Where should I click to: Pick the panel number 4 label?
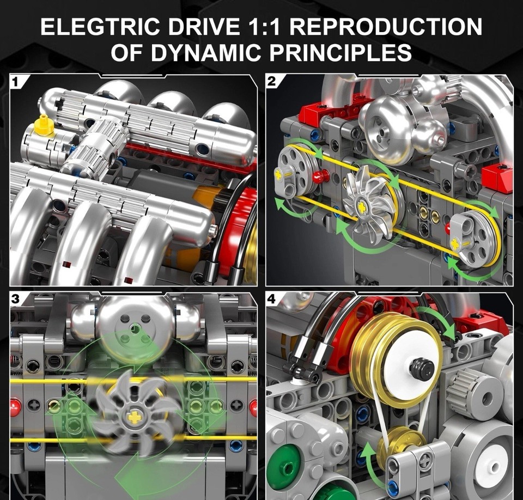pos(272,299)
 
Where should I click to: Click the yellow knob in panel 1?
pos(44,126)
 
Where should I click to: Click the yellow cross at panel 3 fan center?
pos(133,417)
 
